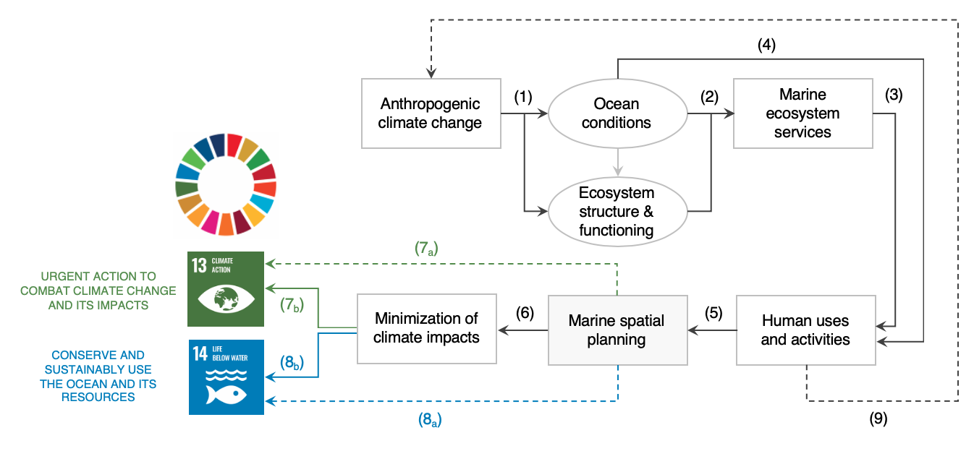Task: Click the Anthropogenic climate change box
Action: (431, 113)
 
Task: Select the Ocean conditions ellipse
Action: (617, 113)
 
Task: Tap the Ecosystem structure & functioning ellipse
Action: (617, 212)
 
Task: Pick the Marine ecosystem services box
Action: (803, 113)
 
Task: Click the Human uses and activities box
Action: (805, 330)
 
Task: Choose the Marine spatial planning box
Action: (617, 330)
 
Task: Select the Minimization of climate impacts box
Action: (427, 328)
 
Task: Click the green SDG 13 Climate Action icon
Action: (226, 289)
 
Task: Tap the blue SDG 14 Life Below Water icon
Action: (226, 377)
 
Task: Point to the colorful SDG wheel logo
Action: (226, 185)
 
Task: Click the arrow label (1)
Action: (522, 96)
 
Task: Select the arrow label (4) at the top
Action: (766, 45)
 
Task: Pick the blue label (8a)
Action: (430, 418)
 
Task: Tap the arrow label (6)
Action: (525, 313)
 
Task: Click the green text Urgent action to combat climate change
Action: (98, 291)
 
